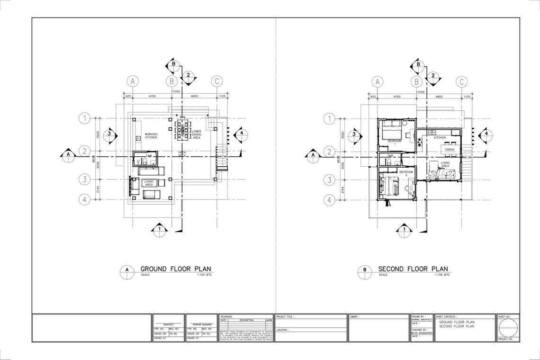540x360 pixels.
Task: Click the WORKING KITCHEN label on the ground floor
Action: [x=151, y=135]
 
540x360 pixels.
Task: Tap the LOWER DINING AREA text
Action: [x=197, y=134]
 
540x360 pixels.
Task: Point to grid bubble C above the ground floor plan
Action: [x=216, y=81]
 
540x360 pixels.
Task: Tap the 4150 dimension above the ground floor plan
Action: [x=152, y=96]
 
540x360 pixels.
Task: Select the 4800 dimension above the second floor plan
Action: [x=439, y=96]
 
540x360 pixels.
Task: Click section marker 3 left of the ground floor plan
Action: [x=109, y=134]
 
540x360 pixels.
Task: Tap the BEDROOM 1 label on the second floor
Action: [x=395, y=141]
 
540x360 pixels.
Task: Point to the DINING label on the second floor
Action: [x=450, y=150]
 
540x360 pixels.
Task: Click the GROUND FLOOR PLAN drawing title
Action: [x=176, y=269]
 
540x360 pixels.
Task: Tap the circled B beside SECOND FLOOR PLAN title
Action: [x=365, y=270]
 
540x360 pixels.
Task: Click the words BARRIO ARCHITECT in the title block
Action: [x=422, y=320]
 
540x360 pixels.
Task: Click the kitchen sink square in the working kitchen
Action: [x=137, y=138]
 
